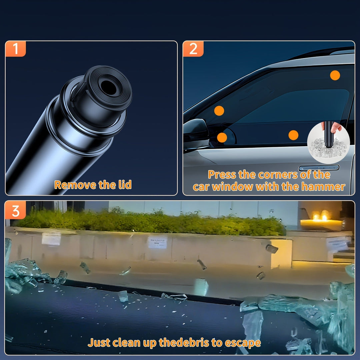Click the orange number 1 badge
15,49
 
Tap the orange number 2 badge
193,49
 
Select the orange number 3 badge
15,210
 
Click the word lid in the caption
125,185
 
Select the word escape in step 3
243,343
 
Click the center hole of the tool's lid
108,87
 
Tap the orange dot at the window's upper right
335,75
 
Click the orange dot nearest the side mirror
222,138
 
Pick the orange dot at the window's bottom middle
293,135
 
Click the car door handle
319,168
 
